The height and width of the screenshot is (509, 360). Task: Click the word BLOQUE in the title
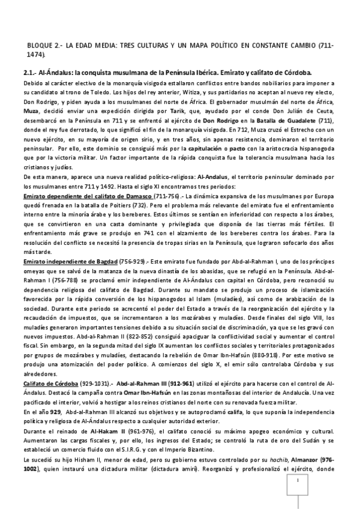41,46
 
